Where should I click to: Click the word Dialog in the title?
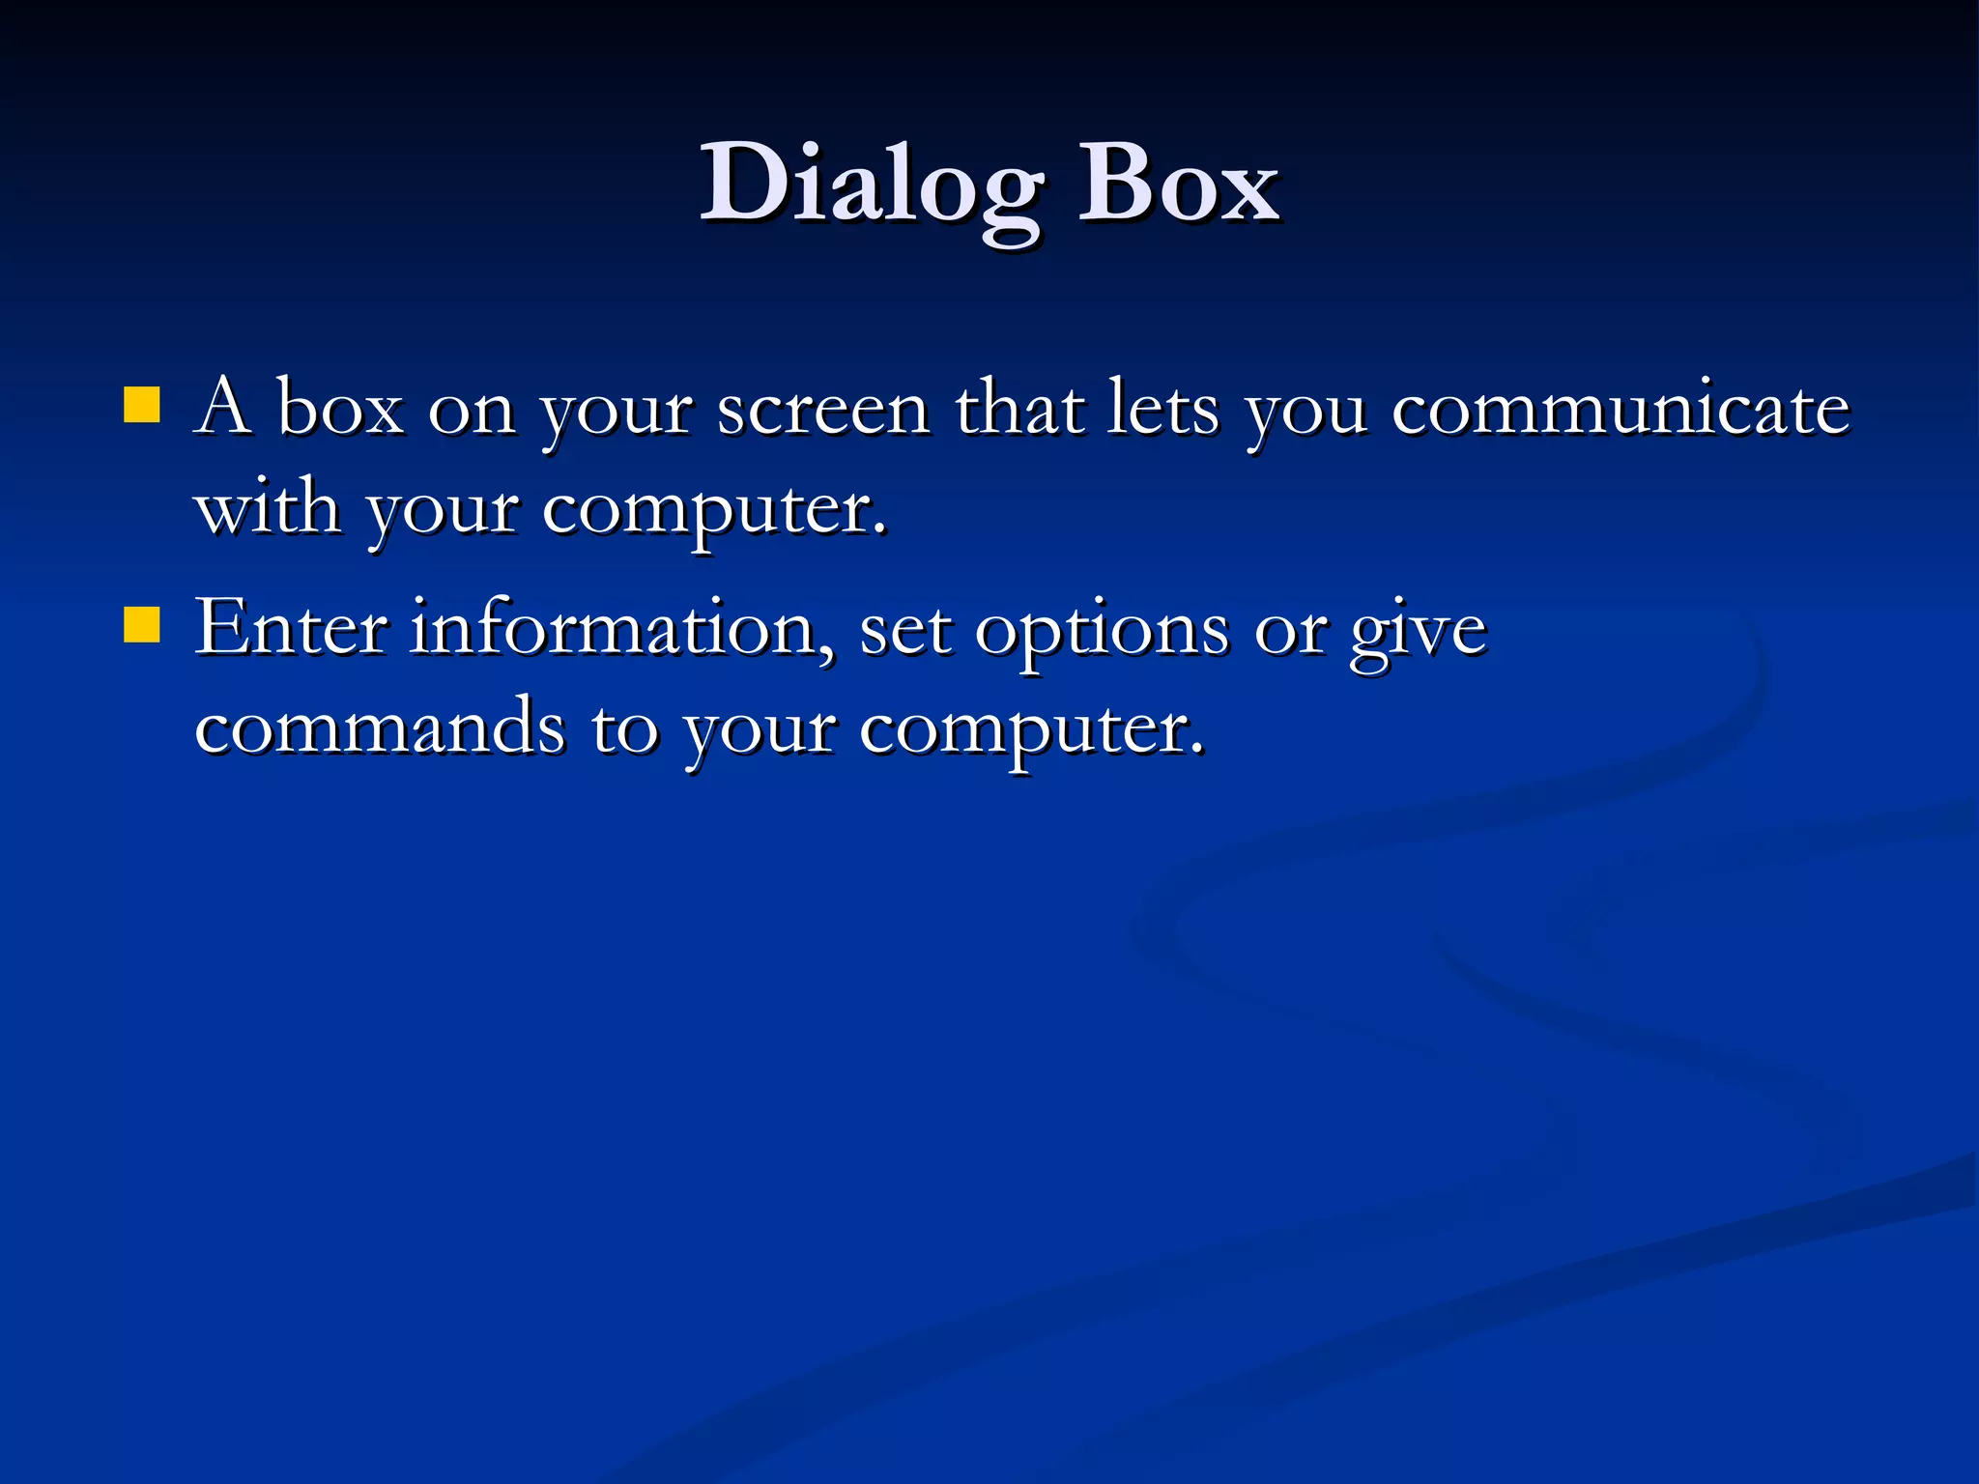[870, 184]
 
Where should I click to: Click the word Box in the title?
[1179, 184]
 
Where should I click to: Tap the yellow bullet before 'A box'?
[142, 406]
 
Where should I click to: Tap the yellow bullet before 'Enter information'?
[142, 625]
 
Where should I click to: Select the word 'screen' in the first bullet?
[823, 410]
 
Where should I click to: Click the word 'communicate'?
[1620, 410]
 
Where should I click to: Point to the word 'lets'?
[1163, 410]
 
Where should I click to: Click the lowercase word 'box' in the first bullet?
[339, 410]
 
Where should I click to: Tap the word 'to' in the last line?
[624, 729]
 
